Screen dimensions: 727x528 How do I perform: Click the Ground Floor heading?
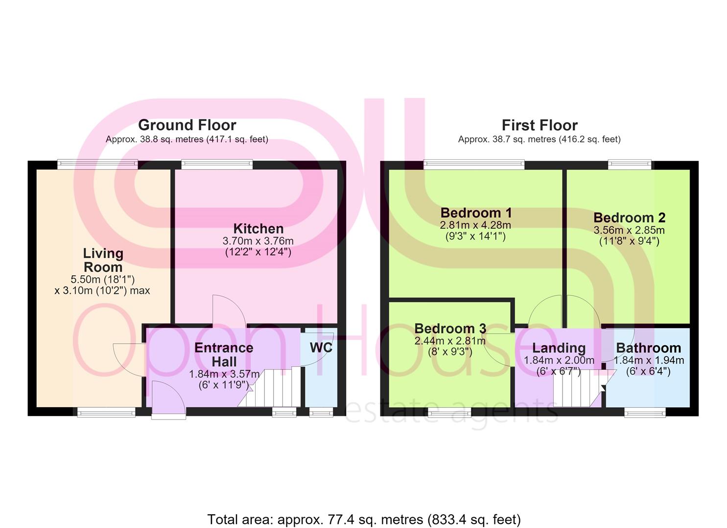click(x=188, y=125)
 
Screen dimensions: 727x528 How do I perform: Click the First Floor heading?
click(x=539, y=125)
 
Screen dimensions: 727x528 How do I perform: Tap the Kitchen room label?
click(x=258, y=229)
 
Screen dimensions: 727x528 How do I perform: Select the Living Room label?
click(x=103, y=260)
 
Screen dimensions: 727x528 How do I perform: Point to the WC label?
click(x=321, y=348)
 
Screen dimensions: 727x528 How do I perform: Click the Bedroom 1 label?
click(x=476, y=213)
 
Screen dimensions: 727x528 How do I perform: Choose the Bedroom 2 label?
click(x=629, y=218)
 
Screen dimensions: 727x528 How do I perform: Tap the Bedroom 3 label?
click(x=450, y=329)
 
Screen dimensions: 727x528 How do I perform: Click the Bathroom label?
click(x=649, y=348)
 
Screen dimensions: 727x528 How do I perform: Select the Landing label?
click(x=559, y=349)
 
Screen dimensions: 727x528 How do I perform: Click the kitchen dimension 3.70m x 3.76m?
click(x=258, y=241)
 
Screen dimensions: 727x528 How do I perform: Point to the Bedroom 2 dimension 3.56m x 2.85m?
click(x=629, y=230)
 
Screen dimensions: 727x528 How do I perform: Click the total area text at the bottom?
click(x=364, y=520)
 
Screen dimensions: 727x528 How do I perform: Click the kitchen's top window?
click(x=217, y=164)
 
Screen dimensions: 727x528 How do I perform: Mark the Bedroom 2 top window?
click(x=629, y=164)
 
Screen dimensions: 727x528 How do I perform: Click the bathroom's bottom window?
click(x=645, y=412)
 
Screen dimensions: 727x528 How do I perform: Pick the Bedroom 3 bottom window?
click(x=449, y=412)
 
